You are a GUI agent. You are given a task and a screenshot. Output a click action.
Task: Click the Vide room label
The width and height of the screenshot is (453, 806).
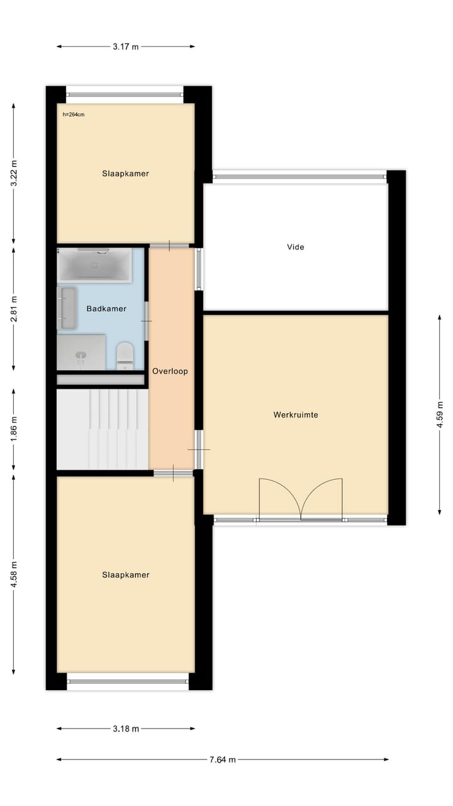(295, 247)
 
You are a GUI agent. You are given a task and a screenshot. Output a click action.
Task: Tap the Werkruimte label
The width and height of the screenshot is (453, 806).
(295, 415)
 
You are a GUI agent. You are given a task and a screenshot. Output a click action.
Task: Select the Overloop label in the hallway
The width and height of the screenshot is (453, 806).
(170, 372)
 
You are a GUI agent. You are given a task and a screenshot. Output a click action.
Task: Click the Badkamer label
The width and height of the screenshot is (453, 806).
(106, 309)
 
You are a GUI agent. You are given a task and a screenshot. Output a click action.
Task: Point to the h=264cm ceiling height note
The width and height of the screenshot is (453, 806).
(74, 115)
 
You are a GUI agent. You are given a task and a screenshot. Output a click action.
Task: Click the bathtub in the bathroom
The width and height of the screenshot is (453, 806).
(94, 264)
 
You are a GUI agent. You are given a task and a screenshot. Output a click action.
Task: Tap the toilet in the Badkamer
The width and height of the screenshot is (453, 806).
(125, 355)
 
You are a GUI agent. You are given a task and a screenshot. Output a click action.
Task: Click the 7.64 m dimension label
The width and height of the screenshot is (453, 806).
(223, 759)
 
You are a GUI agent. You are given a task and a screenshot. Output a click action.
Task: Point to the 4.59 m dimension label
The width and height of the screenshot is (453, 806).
(440, 414)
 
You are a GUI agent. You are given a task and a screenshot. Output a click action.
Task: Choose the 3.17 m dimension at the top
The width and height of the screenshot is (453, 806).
(126, 47)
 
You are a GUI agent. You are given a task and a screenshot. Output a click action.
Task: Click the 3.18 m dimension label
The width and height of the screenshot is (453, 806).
(126, 729)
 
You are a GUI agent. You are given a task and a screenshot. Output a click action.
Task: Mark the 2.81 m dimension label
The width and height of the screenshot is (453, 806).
(14, 309)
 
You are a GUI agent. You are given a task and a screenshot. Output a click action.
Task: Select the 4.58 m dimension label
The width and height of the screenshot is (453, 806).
(14, 574)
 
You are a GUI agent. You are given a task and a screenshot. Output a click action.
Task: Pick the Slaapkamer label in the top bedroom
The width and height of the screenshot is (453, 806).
(126, 173)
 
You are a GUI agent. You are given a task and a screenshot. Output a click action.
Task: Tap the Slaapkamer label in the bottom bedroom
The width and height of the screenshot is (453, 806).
(126, 574)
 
